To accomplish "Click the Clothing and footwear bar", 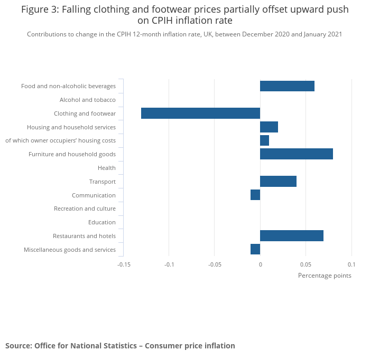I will [200, 113].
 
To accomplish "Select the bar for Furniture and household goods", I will [296, 154].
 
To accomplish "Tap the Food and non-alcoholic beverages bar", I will [287, 86].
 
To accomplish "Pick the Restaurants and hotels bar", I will [291, 236].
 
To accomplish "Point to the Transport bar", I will [278, 182].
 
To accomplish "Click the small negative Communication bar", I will [255, 195].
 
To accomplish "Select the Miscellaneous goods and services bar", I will [255, 249].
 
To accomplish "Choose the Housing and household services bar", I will [269, 127].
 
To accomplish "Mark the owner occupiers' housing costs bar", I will [264, 140].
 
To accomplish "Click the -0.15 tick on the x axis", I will [124, 264].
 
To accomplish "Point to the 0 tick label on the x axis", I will [260, 264].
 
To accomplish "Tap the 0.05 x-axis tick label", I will [306, 264].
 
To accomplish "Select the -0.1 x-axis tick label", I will [169, 264].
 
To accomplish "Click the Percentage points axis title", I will [324, 275].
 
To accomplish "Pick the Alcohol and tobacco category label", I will [87, 100].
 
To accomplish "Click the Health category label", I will [106, 168].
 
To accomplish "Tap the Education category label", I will [101, 222].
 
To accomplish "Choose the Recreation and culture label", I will [85, 209].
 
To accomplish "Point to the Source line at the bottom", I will [120, 346].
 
